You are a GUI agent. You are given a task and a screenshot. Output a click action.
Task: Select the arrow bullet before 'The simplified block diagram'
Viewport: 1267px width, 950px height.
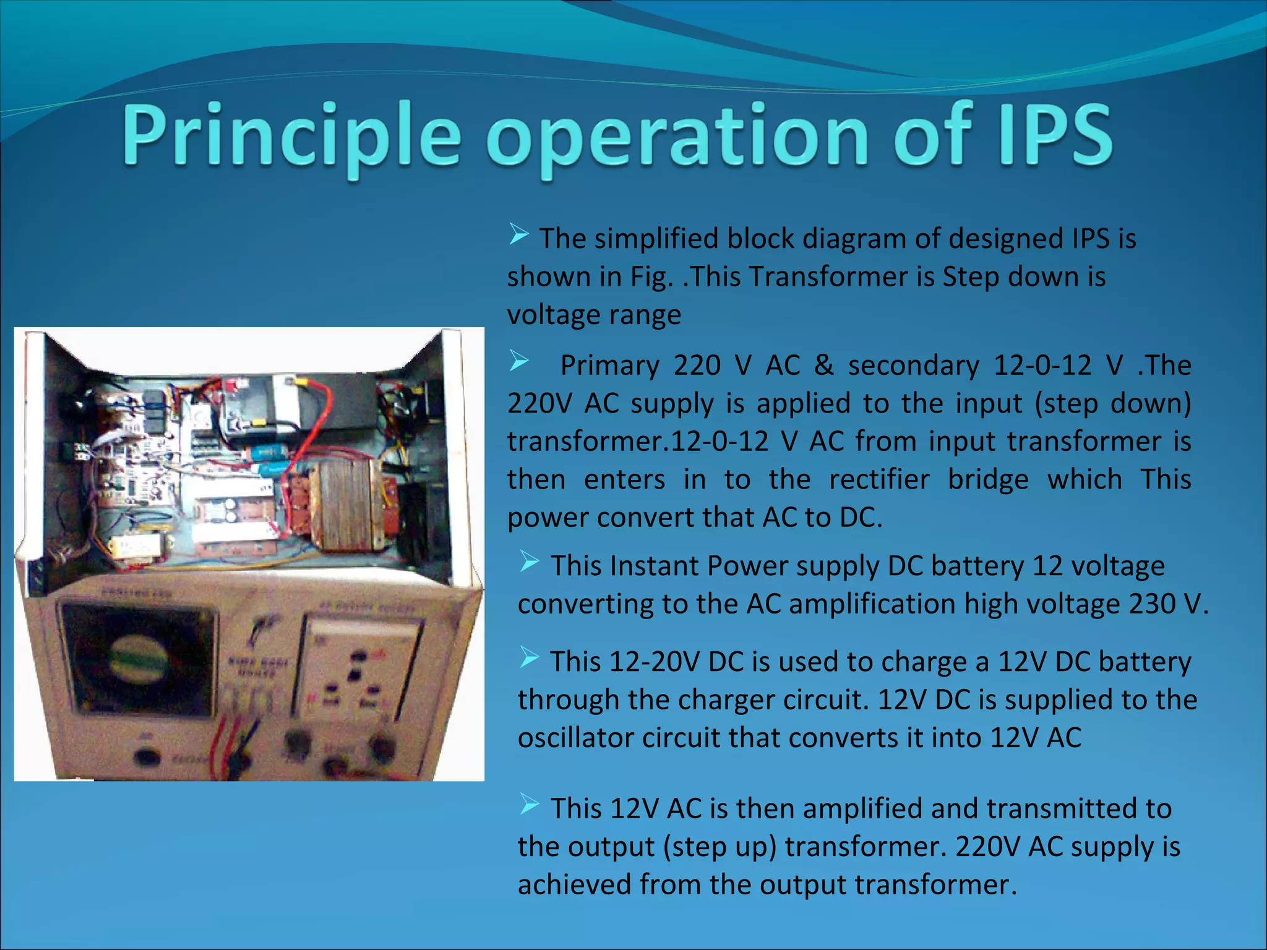click(519, 234)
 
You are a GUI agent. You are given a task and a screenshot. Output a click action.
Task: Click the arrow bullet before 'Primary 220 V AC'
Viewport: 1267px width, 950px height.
click(519, 361)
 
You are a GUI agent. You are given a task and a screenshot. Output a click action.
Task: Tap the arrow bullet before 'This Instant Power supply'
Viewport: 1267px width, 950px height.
click(530, 561)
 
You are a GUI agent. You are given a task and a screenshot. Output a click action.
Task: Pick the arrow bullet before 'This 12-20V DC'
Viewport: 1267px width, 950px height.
click(530, 657)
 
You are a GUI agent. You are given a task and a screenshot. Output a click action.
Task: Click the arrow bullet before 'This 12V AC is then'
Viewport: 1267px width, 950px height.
click(530, 803)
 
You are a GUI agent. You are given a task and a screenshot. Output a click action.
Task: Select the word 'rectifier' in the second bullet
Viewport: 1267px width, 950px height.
click(879, 479)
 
